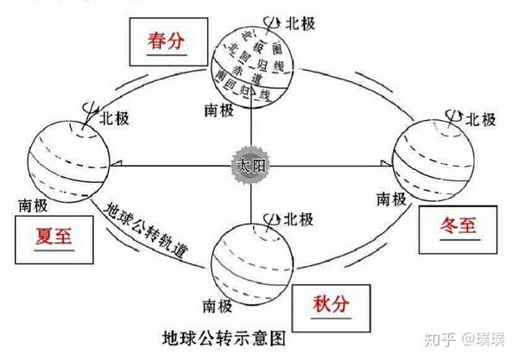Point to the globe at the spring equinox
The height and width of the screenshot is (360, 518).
[x=255, y=65]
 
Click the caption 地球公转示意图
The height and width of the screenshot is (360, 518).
[x=225, y=336]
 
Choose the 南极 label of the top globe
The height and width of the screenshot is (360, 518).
[x=220, y=111]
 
